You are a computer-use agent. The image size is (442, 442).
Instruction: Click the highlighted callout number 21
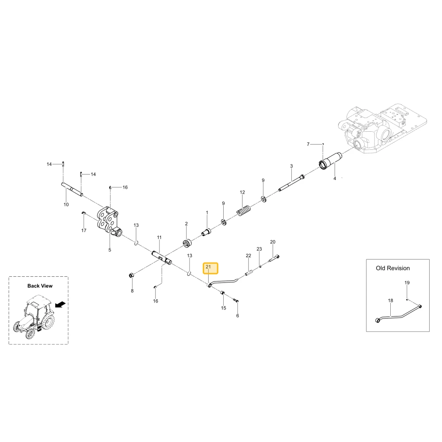pos(208,267)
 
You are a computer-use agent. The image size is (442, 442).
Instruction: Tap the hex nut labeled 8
pos(131,275)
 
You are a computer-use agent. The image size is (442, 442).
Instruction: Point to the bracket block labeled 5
pos(109,221)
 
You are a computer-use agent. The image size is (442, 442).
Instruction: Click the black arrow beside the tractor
pos(60,305)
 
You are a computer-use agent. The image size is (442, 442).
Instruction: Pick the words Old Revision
pos(392,268)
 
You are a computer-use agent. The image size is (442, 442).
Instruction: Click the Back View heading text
pos(40,286)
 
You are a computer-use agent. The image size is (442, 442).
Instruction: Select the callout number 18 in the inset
pos(390,301)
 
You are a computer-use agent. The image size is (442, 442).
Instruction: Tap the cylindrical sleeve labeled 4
pos(330,161)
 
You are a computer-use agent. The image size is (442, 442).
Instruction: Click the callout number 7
pos(308,145)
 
